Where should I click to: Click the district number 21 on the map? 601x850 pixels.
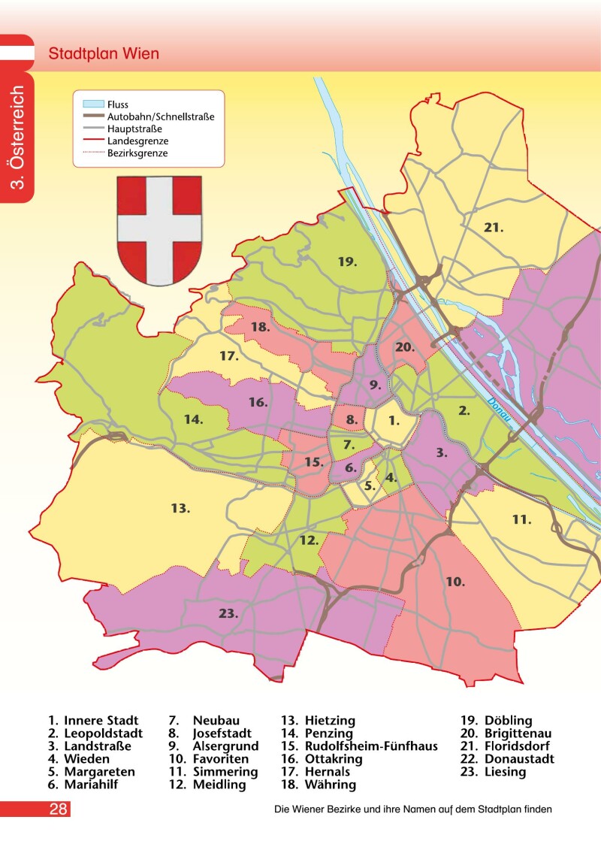point(493,226)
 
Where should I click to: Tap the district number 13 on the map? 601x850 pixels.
point(180,509)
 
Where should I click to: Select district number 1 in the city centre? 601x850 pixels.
point(394,421)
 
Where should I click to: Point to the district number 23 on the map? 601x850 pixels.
point(228,613)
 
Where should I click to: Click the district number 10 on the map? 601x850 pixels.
point(455,582)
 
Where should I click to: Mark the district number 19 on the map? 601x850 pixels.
point(346,262)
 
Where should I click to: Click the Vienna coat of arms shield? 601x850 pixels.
point(159,229)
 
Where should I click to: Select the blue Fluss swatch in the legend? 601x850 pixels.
point(92,104)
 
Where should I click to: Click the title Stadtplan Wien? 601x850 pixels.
point(104,55)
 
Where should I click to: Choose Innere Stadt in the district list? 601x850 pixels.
point(101,721)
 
